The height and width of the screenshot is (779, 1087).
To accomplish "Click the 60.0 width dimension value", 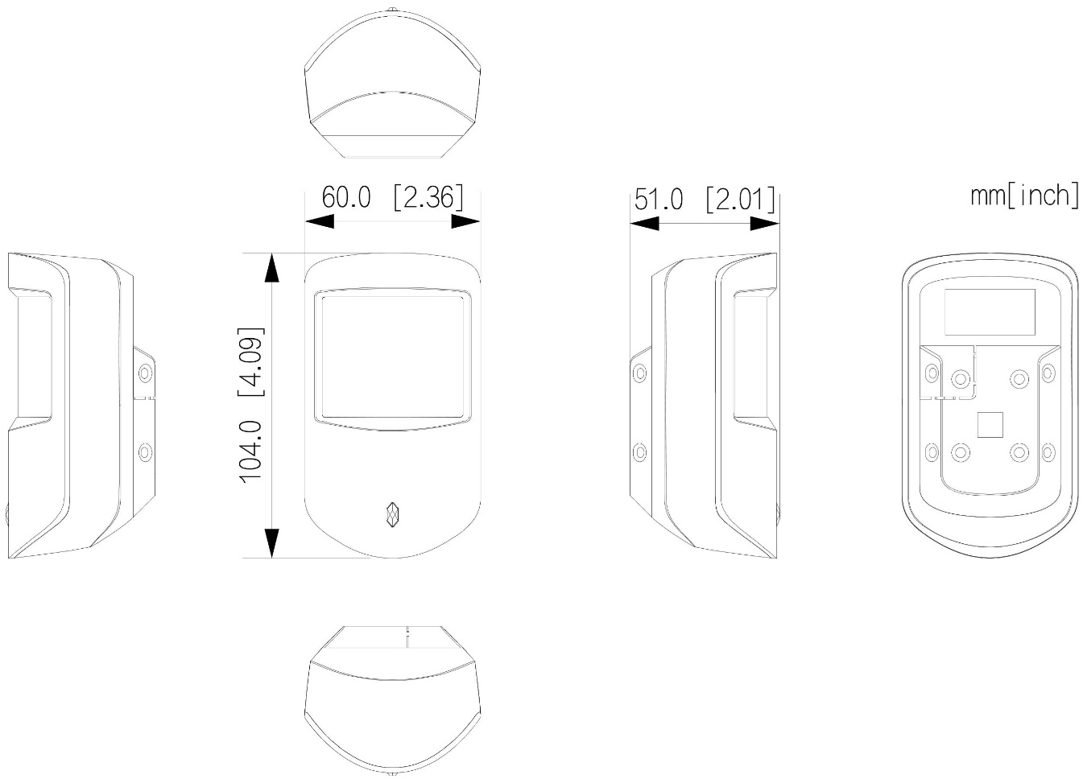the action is coord(346,198).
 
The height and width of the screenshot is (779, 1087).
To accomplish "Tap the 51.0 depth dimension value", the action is coord(659,200).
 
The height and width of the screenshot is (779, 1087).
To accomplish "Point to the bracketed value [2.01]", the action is coord(741,199).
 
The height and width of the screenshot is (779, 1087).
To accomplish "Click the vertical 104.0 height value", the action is coord(251,452).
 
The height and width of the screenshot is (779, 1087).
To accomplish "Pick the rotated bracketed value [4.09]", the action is coord(251,362).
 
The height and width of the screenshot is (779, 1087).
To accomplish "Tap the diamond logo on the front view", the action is coord(393,514).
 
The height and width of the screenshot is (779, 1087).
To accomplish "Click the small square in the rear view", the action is coord(990,425).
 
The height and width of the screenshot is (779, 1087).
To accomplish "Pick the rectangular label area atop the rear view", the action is coord(990,312).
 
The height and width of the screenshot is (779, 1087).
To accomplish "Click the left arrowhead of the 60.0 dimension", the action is coord(320,221).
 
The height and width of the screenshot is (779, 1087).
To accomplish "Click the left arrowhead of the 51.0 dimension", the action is coord(644,224).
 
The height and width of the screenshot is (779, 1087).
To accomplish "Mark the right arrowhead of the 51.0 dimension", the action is coord(765,224).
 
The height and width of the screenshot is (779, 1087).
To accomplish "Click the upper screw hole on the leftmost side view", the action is coord(145,373).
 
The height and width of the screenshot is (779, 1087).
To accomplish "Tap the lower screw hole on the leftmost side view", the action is coord(145,452).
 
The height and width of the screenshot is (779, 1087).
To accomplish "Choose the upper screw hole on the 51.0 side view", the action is coord(640,373).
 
